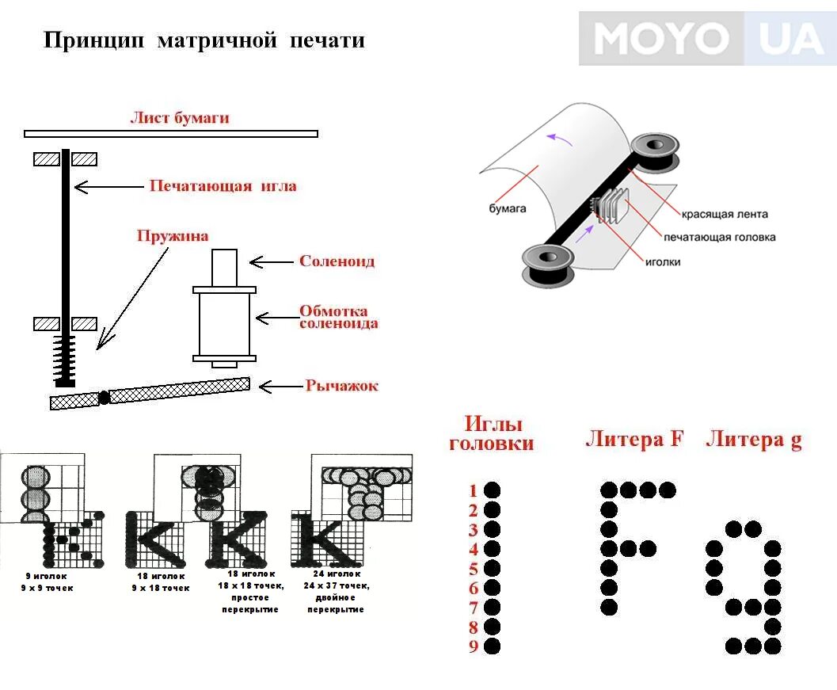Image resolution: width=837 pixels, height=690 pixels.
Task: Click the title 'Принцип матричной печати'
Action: [x=204, y=40]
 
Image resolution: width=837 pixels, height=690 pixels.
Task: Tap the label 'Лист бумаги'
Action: [x=180, y=118]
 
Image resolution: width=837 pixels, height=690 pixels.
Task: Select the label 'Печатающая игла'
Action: [x=223, y=186]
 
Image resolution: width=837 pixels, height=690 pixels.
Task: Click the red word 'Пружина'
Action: [x=172, y=235]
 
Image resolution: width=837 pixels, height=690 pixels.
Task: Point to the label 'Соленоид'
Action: [x=337, y=261]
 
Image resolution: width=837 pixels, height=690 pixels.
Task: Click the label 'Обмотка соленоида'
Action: [x=338, y=317]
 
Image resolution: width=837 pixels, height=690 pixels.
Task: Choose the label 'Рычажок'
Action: [x=341, y=386]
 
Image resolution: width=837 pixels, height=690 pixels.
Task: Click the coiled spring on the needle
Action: [x=65, y=360]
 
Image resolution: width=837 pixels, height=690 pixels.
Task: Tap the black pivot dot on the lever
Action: [x=103, y=398]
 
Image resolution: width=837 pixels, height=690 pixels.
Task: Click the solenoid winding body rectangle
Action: [x=224, y=325]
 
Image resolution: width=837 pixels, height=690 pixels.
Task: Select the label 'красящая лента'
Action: [x=725, y=214]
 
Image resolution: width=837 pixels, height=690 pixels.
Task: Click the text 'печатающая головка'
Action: [x=719, y=237]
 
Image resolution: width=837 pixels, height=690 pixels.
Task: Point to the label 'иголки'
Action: [x=661, y=261]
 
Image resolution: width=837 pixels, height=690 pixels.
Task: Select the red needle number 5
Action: [x=474, y=569]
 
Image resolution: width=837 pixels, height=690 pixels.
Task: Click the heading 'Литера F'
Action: [x=633, y=439]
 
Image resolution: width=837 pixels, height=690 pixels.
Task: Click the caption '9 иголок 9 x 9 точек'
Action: [x=48, y=582]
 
